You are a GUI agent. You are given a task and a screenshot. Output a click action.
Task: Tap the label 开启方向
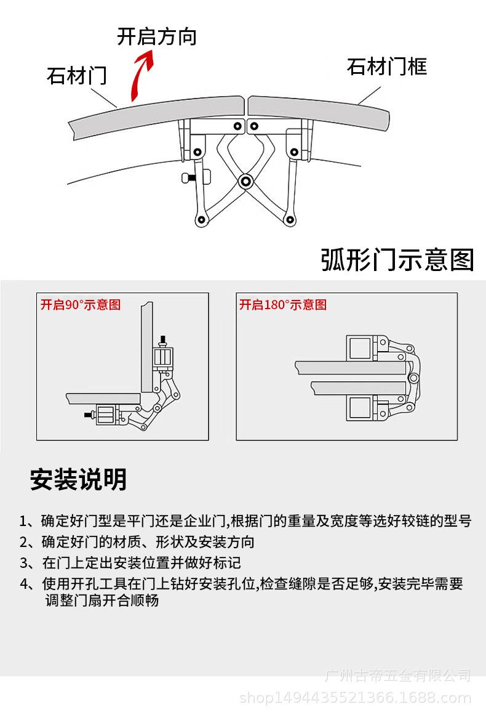pos(156,36)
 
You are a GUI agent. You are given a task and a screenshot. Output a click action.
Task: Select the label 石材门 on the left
pos(76,76)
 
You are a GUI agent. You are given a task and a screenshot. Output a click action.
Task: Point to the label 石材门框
pos(386,67)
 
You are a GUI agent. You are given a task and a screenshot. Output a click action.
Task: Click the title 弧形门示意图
pos(397,260)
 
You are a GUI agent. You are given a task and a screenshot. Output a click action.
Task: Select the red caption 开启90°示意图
pos(81,305)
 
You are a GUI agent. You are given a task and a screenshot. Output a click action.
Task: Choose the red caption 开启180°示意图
pos(283,305)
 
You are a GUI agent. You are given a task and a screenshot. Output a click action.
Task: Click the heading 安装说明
pos(78,479)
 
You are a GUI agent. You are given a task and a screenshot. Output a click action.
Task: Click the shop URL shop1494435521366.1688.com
pos(355,698)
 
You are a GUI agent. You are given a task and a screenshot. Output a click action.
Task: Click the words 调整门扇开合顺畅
pos(102,600)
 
